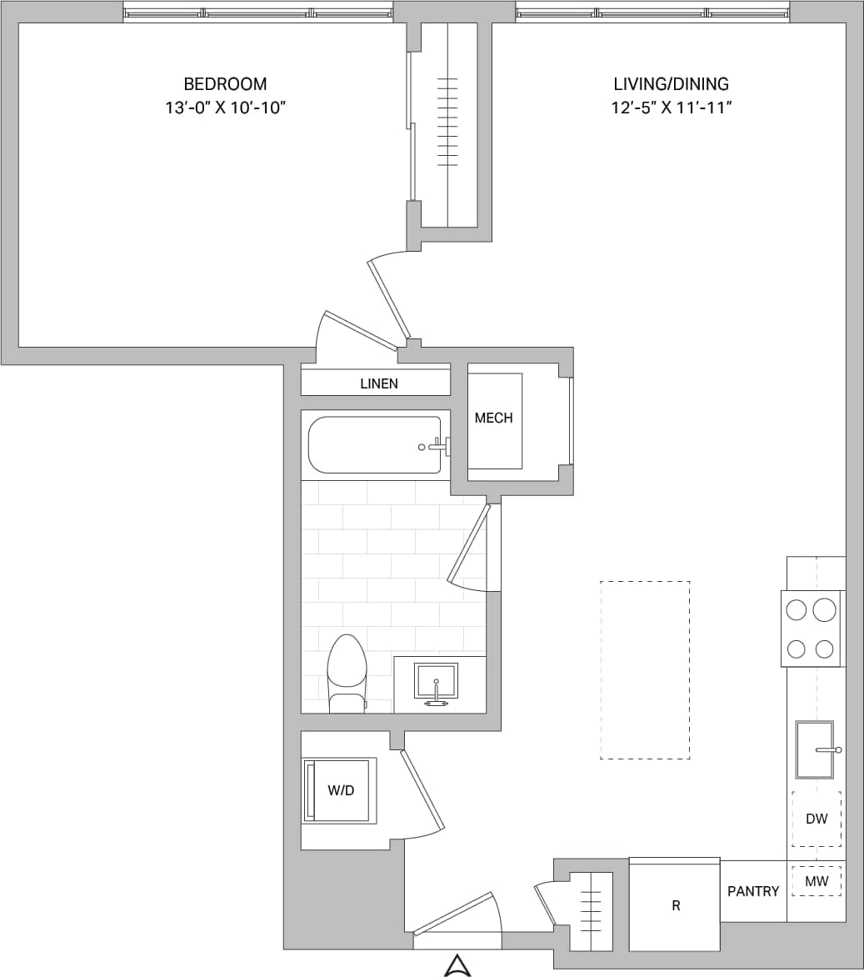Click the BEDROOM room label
pos(225,84)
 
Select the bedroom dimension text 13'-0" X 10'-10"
pos(225,108)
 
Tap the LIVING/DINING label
pos(671,84)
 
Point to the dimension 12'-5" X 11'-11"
pos(671,108)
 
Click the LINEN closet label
pos(379,383)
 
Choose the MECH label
pos(493,418)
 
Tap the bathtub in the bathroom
pos(375,445)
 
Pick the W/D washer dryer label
pos(341,790)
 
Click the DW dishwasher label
pos(817,819)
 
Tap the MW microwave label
pos(817,881)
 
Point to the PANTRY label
pos(753,891)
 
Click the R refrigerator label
pos(676,905)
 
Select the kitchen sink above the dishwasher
pos(815,749)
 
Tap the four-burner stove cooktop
pos(811,629)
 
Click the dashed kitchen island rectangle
pos(645,669)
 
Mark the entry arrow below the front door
pos(457,965)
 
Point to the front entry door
pos(455,915)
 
